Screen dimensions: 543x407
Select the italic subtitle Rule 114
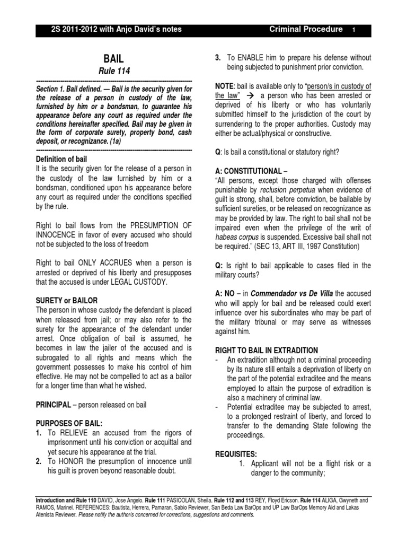pyautogui.click(x=115, y=71)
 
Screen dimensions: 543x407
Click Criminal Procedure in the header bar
pyautogui.click(x=306, y=29)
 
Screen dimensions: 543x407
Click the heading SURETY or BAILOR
pyautogui.click(x=66, y=300)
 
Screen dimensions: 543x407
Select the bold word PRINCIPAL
pyautogui.click(x=53, y=405)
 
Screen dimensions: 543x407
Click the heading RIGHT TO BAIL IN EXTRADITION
pyautogui.click(x=266, y=350)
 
